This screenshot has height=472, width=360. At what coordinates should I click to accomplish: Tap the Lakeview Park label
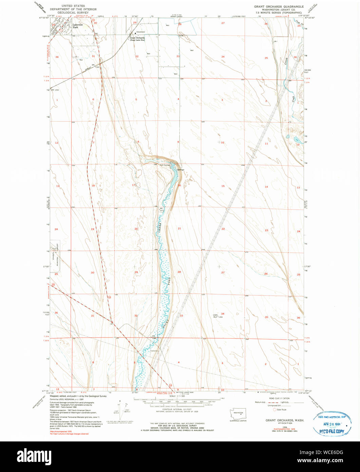tap(77, 26)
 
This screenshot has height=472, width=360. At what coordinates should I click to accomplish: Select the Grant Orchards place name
tap(137, 38)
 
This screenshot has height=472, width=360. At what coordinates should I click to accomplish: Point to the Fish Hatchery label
tap(165, 165)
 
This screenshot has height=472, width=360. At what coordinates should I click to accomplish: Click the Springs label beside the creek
tap(180, 169)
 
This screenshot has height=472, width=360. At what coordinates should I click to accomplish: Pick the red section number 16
tap(179, 185)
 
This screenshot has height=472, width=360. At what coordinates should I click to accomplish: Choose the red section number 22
tap(223, 229)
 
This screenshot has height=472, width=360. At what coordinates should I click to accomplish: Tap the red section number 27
tap(223, 272)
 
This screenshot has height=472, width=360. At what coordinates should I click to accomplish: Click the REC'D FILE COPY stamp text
tap(330, 431)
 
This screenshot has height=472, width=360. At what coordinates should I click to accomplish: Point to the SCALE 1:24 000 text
tap(177, 396)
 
